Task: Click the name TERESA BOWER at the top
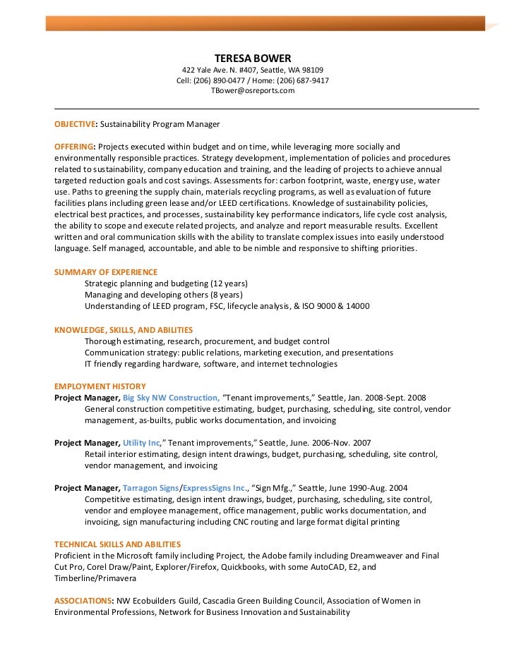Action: [x=252, y=57]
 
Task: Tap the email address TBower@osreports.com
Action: [x=252, y=91]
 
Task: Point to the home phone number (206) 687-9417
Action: [x=300, y=80]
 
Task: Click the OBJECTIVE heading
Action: [x=75, y=124]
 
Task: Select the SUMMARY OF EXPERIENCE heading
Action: [x=106, y=272]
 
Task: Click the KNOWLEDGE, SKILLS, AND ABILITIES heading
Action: [x=124, y=329]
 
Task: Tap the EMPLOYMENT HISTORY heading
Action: [x=100, y=386]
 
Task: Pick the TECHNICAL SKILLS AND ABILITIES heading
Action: [x=117, y=544]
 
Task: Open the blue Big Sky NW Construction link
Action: [x=171, y=398]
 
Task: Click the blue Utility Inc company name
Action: [x=142, y=443]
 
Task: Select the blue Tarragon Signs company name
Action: [x=150, y=488]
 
